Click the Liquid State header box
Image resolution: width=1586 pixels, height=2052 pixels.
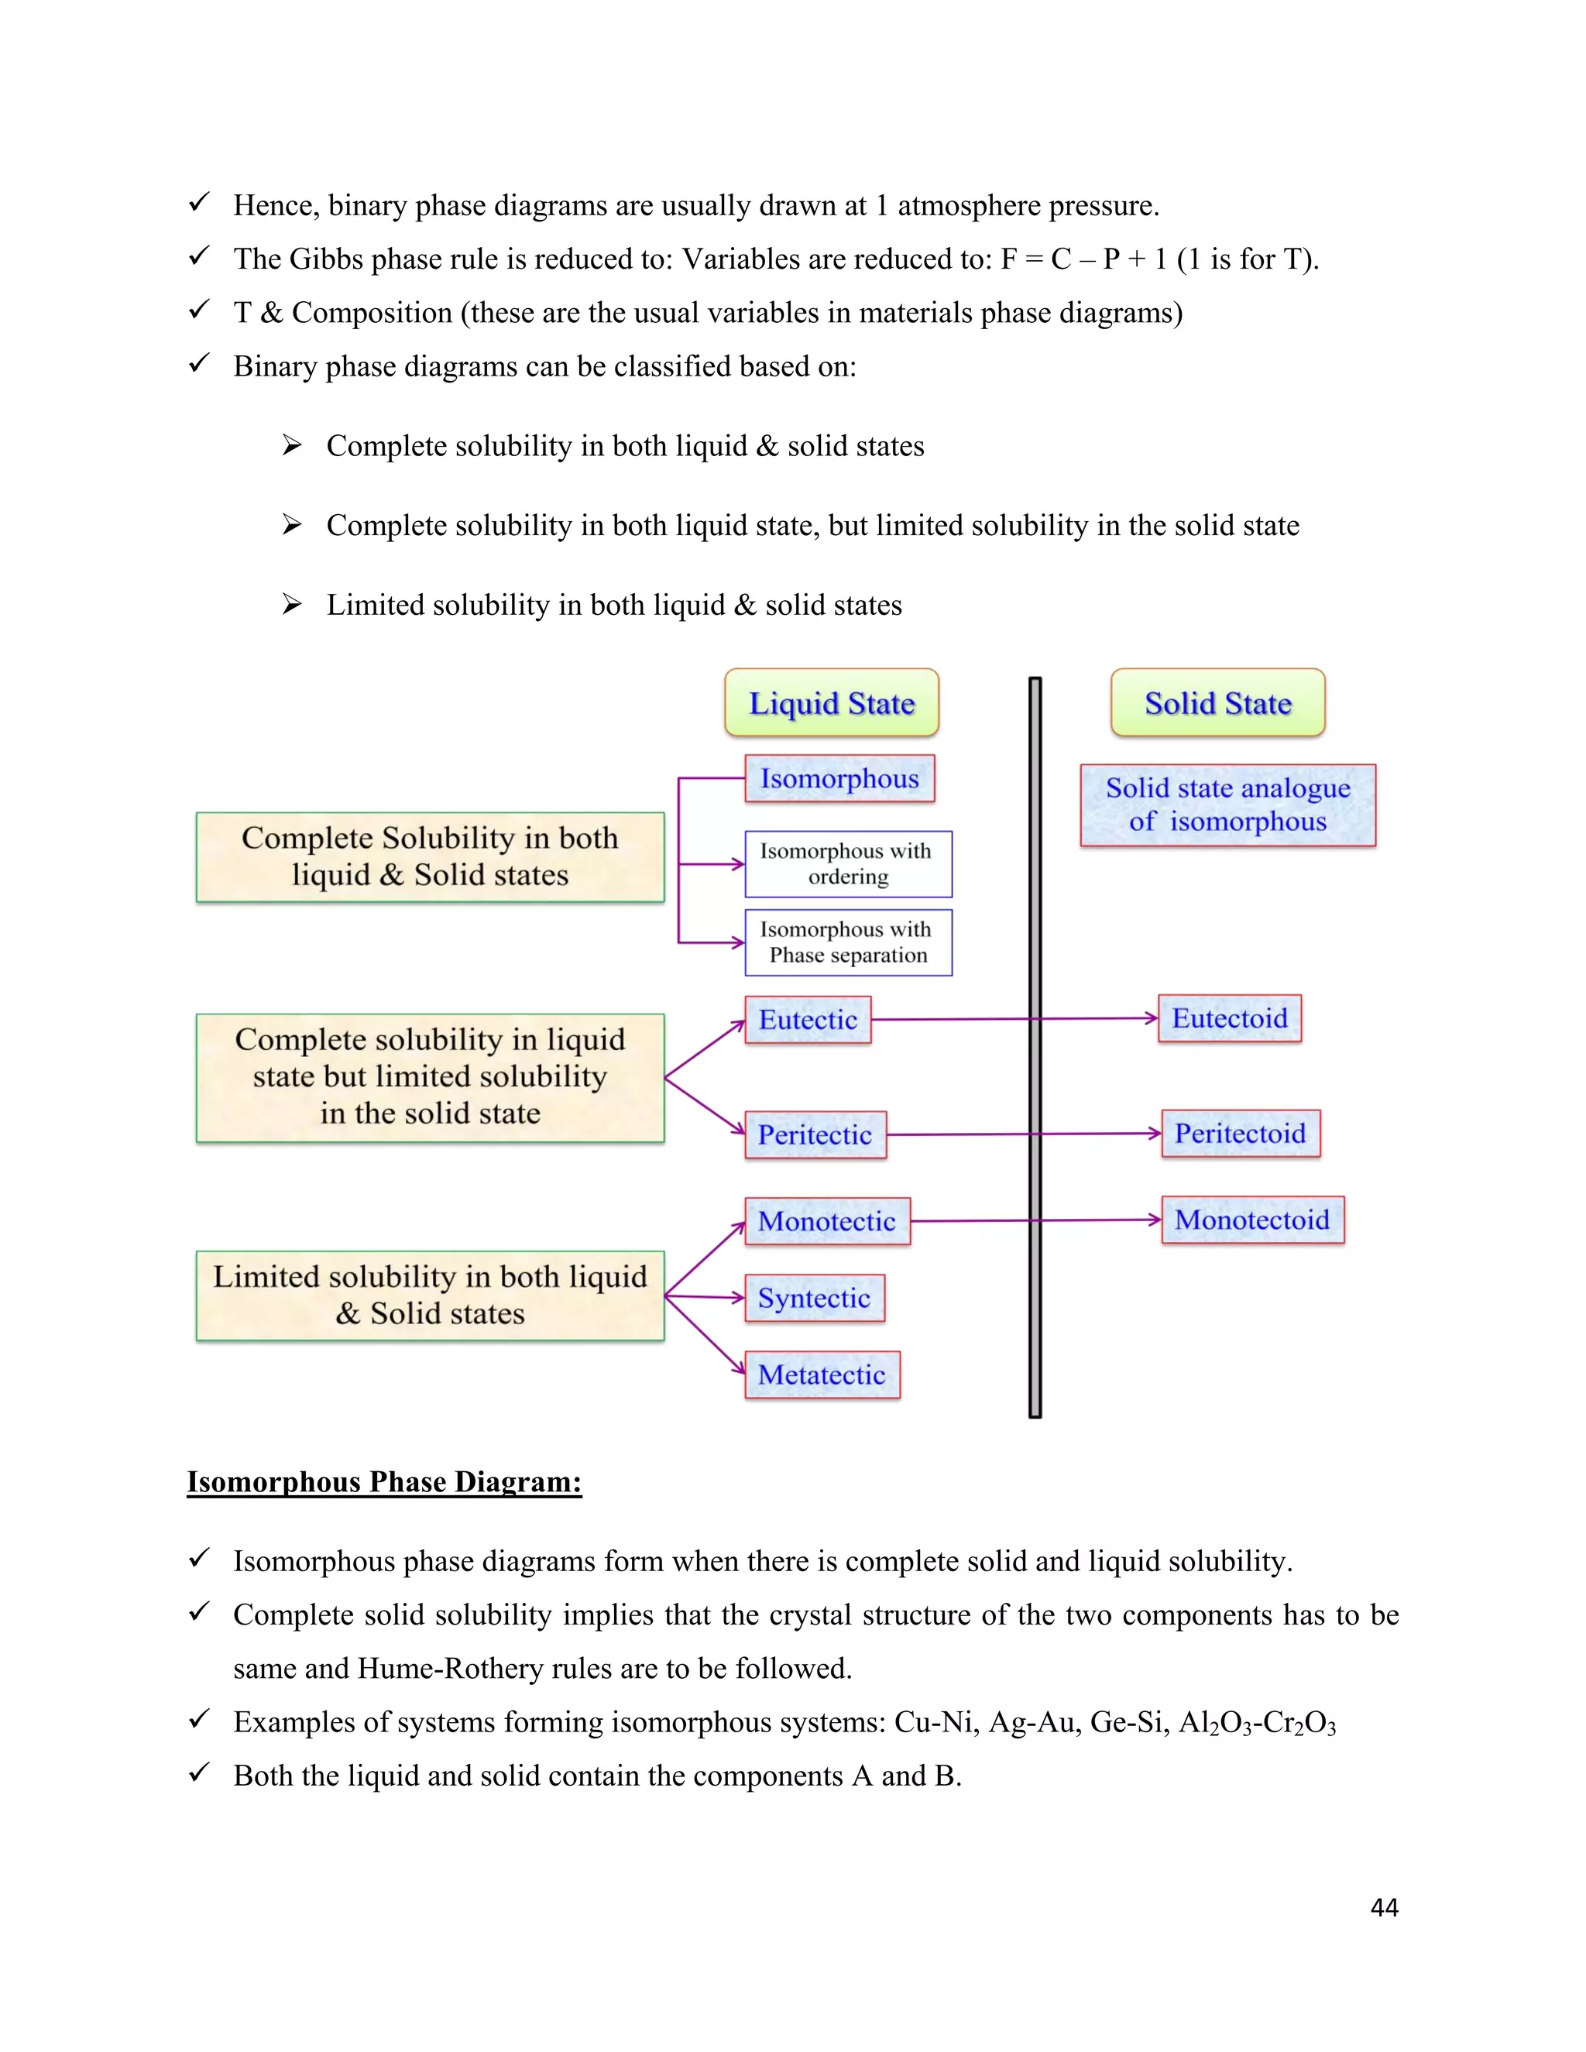click(x=832, y=703)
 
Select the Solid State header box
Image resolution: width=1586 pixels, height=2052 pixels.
click(x=1217, y=703)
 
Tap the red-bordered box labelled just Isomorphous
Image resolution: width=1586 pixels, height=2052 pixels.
click(x=839, y=779)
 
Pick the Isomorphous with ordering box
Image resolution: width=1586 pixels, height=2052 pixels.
click(x=847, y=863)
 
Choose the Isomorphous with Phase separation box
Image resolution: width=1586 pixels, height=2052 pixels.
click(x=847, y=942)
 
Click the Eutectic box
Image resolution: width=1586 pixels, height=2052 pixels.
click(x=808, y=1020)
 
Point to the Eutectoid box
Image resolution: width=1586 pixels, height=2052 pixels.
click(x=1229, y=1018)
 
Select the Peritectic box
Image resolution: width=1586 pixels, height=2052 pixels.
click(x=815, y=1134)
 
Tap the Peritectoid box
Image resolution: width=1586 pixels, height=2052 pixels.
click(x=1241, y=1133)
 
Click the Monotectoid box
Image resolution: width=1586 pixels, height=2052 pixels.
click(x=1251, y=1220)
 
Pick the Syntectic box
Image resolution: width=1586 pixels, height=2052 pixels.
click(x=815, y=1298)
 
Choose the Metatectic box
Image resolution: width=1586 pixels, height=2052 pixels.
click(x=822, y=1374)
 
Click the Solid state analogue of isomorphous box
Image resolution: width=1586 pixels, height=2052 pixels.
click(x=1227, y=805)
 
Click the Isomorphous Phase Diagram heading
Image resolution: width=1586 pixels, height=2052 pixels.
click(x=384, y=1481)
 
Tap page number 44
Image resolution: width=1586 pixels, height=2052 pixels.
click(x=1384, y=1907)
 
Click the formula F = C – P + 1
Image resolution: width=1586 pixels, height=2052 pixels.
click(x=1084, y=259)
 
